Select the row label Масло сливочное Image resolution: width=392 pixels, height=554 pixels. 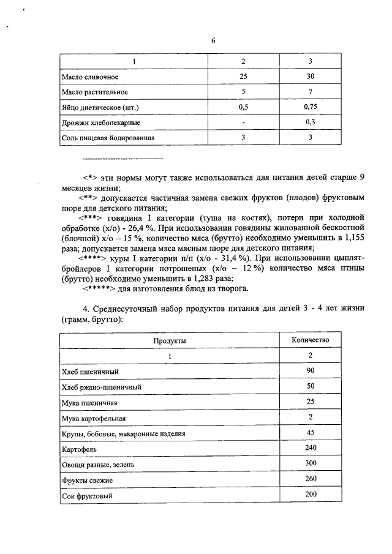coord(89,78)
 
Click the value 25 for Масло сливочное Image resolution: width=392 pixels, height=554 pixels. coord(243,78)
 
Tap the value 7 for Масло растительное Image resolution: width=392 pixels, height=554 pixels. coord(311,92)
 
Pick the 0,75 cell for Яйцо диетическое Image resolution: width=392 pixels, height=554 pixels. coord(311,108)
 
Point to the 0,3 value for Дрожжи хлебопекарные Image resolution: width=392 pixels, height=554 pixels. coord(311,122)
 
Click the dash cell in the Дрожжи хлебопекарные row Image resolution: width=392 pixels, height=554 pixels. coord(243,122)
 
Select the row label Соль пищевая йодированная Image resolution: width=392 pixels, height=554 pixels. coord(107,138)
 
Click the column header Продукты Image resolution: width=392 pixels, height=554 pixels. coord(169,340)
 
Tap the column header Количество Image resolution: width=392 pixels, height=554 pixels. coord(311,340)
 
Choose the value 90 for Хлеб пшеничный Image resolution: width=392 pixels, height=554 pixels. coord(311,371)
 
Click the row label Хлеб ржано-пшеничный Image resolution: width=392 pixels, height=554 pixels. coord(102,387)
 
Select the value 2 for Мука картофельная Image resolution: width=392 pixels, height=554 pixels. coord(311,417)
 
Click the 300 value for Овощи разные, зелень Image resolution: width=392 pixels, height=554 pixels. coord(311,464)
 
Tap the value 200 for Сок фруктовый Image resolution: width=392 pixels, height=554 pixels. coord(311,495)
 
